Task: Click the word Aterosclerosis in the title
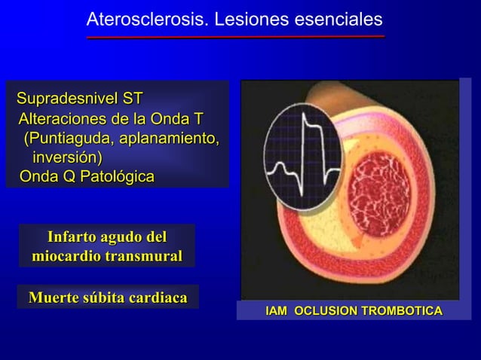[x=147, y=19]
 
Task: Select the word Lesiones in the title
[x=250, y=19]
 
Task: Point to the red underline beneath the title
[x=235, y=36]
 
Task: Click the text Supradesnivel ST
[x=80, y=99]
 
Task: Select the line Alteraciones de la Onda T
[x=110, y=119]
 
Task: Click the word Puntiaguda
[x=67, y=139]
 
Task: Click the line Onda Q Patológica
[x=86, y=178]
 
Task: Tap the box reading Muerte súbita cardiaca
[x=108, y=297]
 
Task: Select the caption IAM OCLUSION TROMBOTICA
[x=353, y=311]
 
